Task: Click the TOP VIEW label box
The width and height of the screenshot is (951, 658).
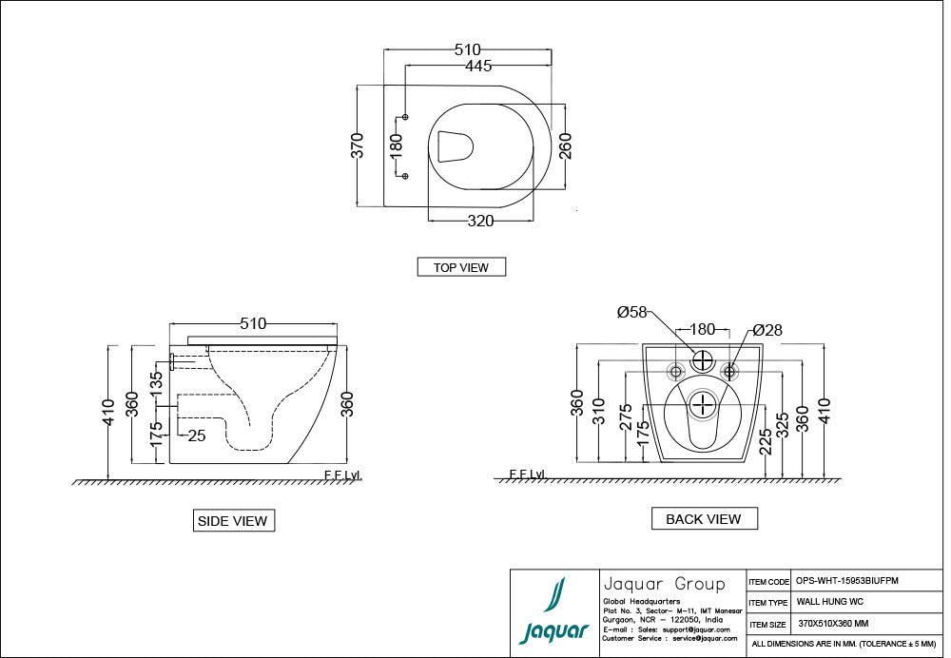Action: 461,267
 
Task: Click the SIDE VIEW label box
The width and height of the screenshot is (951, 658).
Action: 233,521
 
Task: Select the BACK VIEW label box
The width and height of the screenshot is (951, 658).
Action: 704,518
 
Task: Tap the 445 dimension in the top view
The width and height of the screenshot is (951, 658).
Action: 478,66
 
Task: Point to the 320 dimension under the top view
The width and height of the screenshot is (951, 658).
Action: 480,221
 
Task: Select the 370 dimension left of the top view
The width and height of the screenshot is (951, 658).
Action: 358,145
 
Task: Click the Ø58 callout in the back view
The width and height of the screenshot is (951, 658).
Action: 631,312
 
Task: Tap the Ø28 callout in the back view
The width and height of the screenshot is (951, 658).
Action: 767,330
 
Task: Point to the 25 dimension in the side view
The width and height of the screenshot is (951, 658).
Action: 197,435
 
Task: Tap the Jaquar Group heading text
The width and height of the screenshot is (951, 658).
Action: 664,583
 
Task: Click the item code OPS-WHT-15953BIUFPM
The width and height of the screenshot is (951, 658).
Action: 846,581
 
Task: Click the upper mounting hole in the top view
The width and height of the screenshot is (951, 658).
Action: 406,117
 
